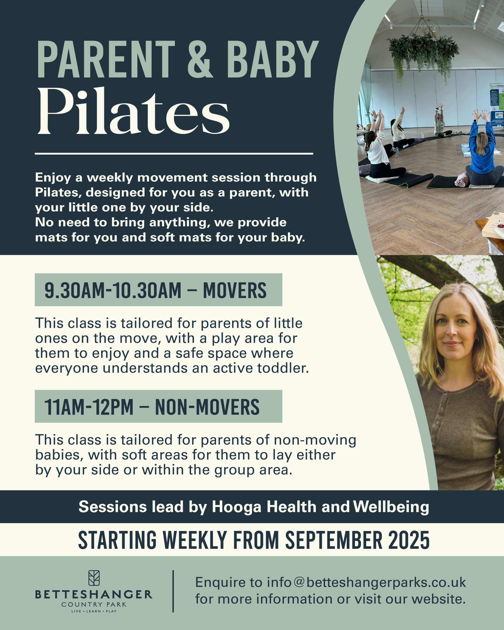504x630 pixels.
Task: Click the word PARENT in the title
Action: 106,60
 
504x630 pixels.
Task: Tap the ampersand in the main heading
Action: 200,60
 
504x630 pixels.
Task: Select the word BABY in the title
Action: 272,60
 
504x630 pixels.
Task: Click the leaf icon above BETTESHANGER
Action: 94,578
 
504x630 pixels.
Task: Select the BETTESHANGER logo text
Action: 94,595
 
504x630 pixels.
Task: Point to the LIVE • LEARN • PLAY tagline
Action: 94,611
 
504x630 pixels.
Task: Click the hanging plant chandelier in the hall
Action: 423,53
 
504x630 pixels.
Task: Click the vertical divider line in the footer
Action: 173,591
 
